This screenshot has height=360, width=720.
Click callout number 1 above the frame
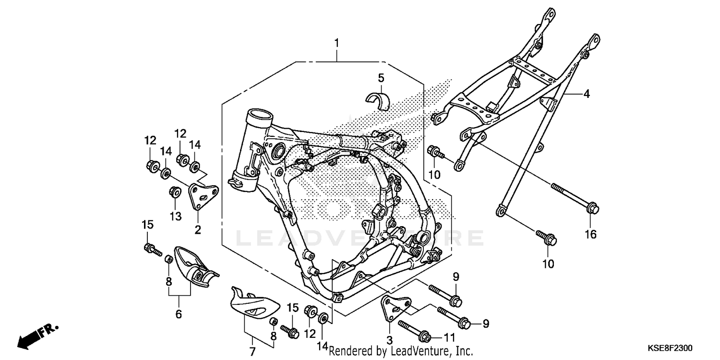click(336, 44)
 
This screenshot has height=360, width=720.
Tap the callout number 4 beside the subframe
click(586, 95)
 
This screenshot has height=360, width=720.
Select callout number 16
click(590, 234)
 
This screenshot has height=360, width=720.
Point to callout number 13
click(175, 216)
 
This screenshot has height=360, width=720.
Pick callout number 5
click(381, 78)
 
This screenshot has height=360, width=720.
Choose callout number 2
click(197, 230)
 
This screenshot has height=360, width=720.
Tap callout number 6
click(179, 314)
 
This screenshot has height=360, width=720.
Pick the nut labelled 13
click(175, 192)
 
